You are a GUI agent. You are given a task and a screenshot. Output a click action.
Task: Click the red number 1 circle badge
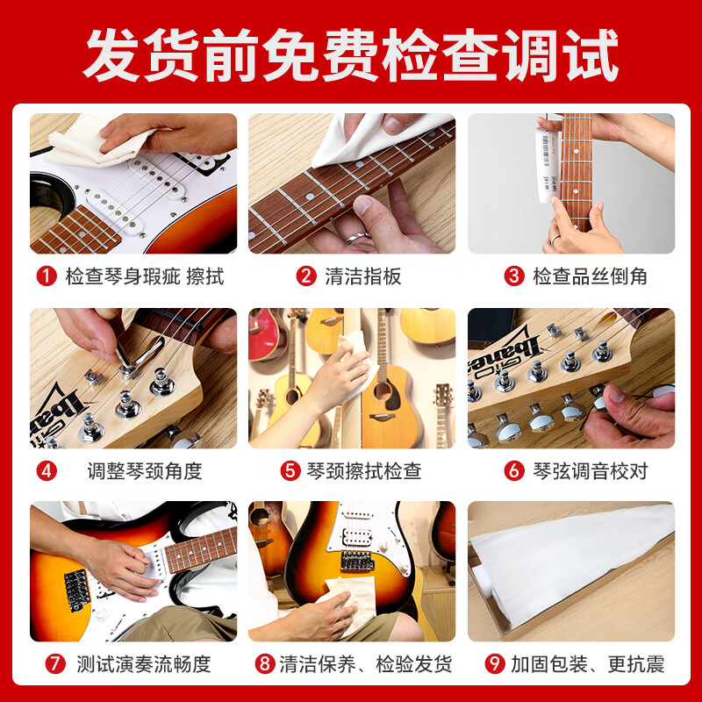(46, 276)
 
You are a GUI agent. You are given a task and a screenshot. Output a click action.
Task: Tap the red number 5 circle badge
(290, 471)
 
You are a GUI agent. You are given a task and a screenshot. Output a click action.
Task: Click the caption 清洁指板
(362, 276)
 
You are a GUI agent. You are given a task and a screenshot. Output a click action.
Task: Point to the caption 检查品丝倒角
(590, 276)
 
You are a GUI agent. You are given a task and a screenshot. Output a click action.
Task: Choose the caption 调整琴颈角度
(145, 471)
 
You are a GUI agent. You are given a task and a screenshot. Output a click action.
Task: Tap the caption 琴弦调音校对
(590, 471)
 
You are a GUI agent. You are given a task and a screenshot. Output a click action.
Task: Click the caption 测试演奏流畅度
(143, 663)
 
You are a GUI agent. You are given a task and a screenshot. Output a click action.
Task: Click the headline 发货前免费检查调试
(351, 54)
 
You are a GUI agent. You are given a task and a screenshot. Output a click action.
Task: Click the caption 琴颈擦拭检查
(363, 471)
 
